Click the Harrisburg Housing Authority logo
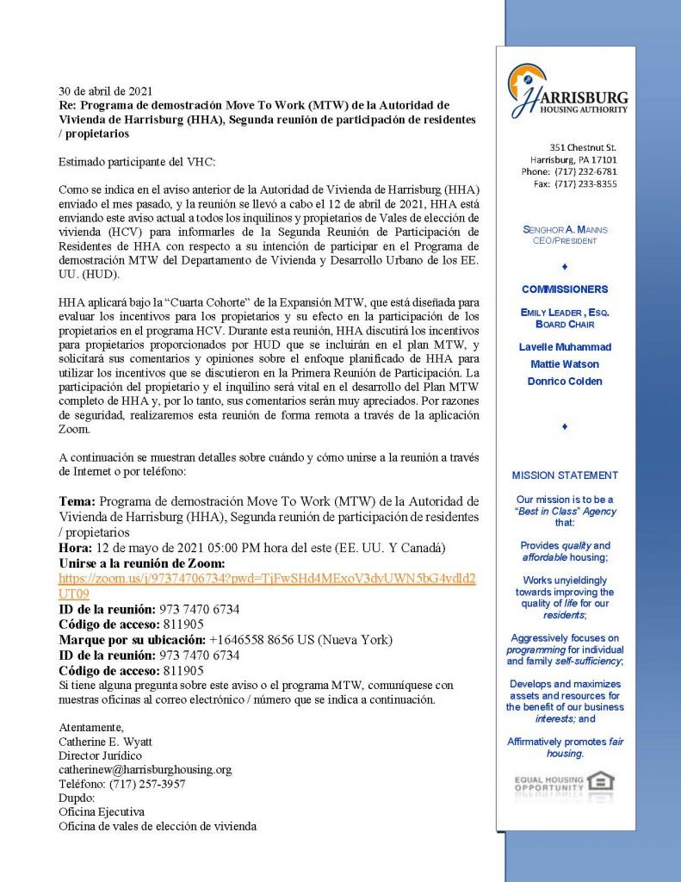click(567, 90)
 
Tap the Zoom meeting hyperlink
click(267, 586)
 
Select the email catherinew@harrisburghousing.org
click(145, 769)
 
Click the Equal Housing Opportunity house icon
click(601, 783)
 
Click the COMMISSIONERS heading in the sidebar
click(565, 289)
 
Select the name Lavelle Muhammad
click(566, 347)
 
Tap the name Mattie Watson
click(566, 364)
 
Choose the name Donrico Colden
click(566, 382)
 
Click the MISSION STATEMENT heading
click(565, 475)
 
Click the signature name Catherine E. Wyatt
click(105, 741)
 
